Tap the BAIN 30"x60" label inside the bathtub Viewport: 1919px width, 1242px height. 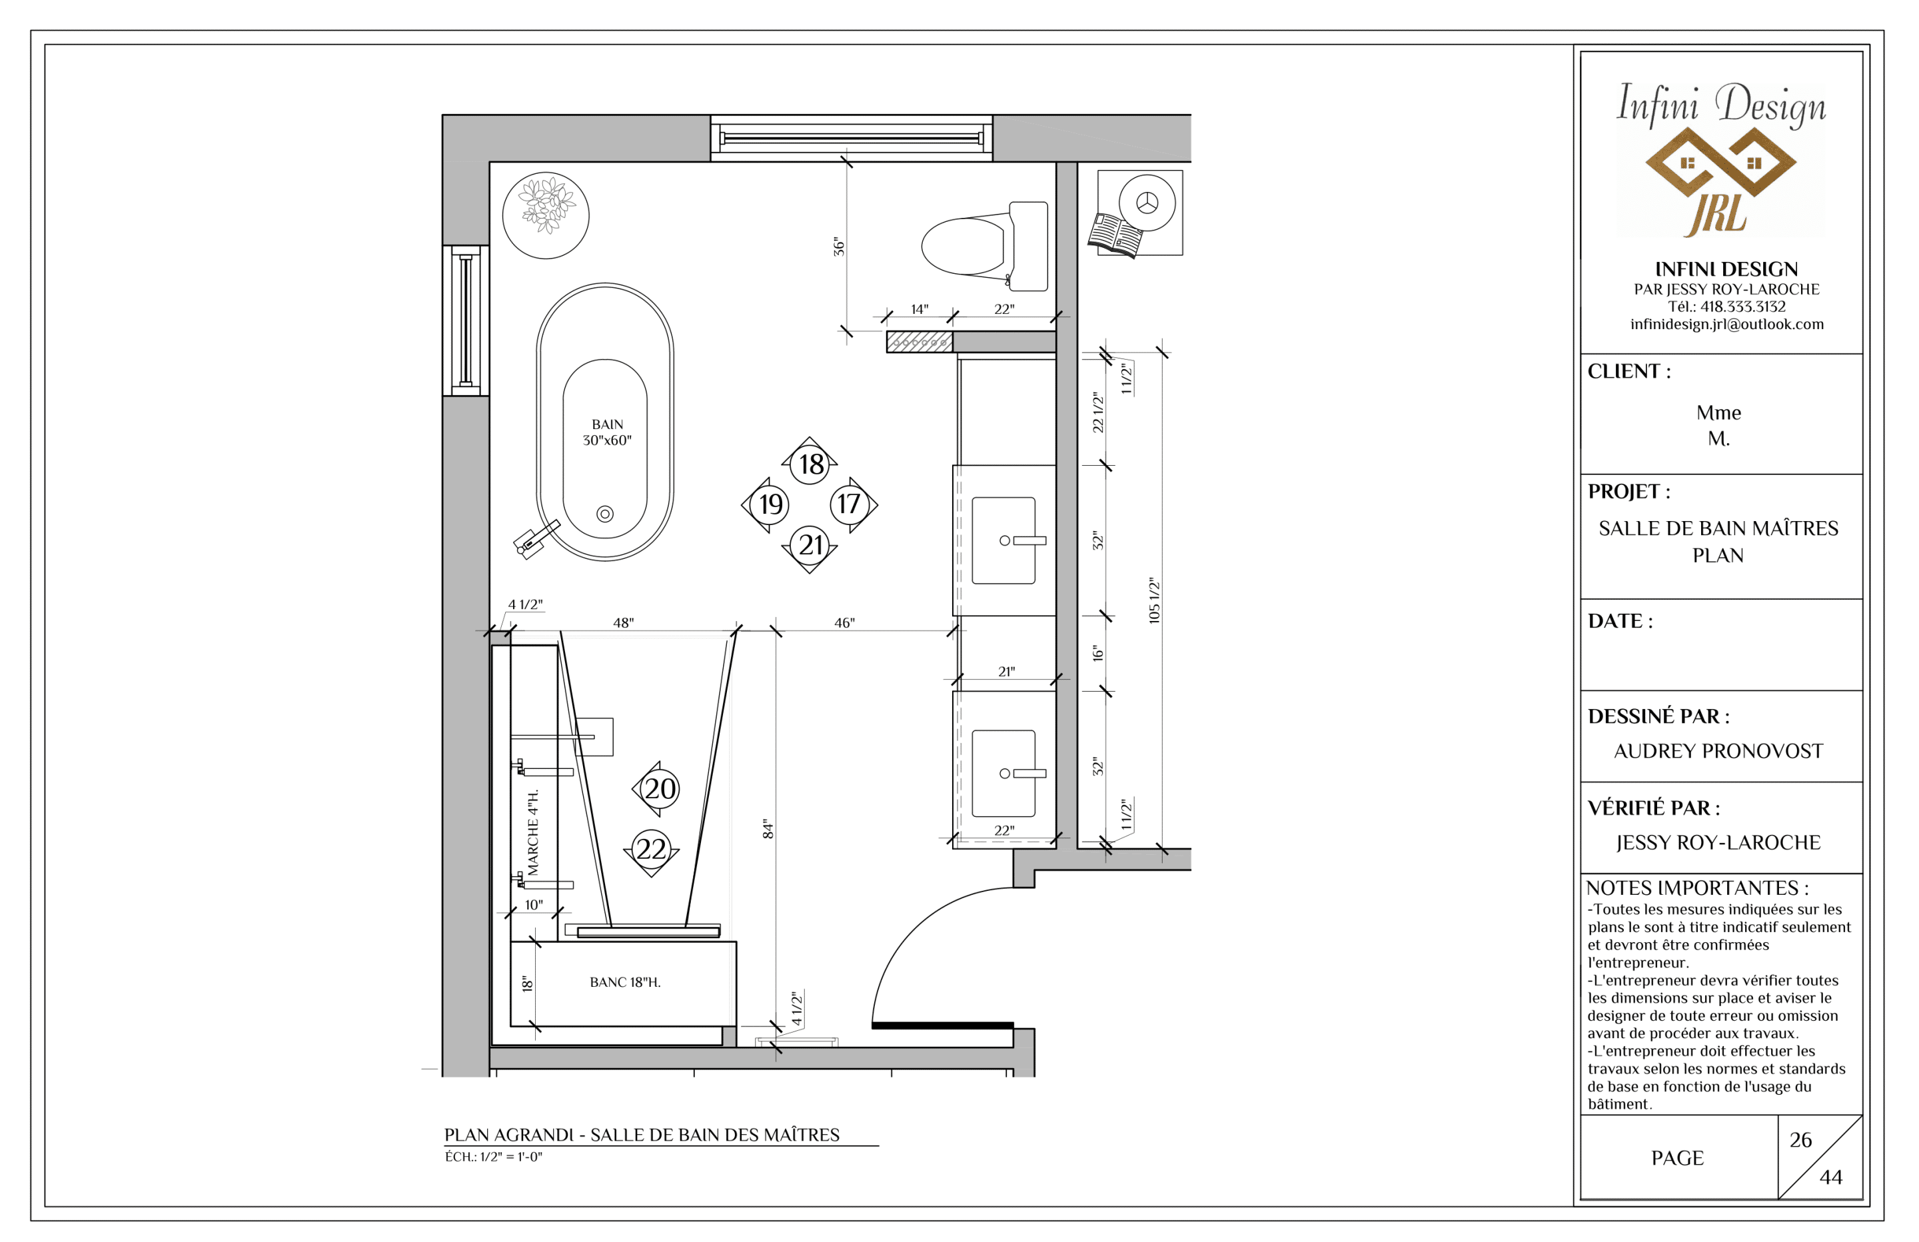[x=607, y=432]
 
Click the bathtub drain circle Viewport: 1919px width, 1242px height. [x=605, y=514]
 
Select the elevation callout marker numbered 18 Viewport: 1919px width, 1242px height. [x=810, y=463]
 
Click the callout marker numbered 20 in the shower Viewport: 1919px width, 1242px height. [x=657, y=789]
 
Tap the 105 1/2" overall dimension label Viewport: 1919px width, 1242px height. [x=1154, y=600]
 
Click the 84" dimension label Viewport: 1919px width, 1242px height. [x=768, y=830]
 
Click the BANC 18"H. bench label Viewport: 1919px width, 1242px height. [x=625, y=982]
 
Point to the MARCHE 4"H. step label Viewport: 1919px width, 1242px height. [x=533, y=832]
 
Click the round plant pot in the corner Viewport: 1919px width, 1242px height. [x=546, y=215]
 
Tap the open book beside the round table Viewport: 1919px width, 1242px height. [x=1115, y=235]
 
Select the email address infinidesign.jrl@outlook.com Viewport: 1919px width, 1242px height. [x=1726, y=324]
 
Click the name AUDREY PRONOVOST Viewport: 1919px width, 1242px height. [x=1718, y=751]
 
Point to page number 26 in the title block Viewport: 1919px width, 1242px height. [x=1800, y=1139]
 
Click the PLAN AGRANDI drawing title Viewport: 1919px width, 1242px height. [x=642, y=1135]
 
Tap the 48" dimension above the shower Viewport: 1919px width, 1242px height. [x=623, y=622]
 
